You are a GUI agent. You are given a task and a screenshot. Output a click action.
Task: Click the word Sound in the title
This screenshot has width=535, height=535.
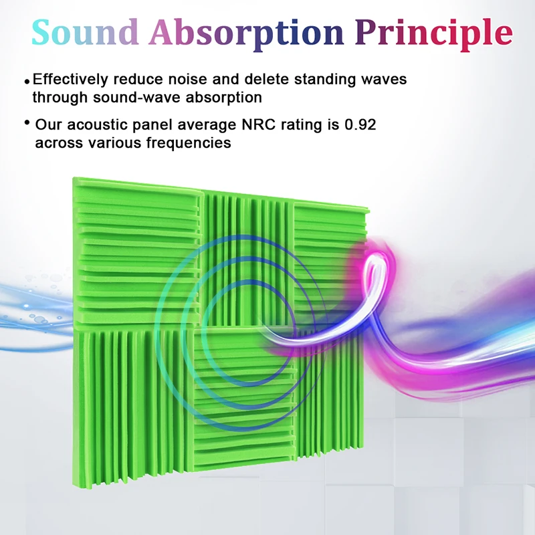[85, 32]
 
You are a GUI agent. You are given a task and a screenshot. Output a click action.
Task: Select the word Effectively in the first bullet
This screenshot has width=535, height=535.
[70, 79]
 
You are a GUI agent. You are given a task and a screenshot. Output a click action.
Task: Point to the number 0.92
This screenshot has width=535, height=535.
[360, 124]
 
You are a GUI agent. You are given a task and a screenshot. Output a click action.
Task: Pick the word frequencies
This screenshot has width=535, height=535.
[189, 143]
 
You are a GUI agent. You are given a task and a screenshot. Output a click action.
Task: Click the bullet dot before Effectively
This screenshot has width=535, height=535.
[27, 81]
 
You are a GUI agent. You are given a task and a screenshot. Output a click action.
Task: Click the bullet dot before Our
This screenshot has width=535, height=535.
[27, 122]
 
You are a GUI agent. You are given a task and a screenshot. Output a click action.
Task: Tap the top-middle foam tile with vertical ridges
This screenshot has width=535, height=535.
[248, 259]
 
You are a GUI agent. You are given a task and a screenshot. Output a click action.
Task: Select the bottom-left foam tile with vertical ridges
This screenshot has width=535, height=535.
[134, 406]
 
